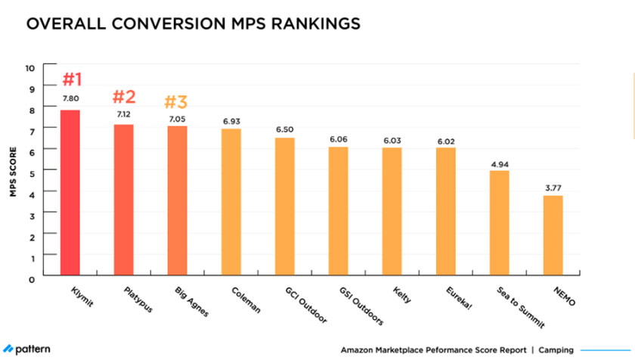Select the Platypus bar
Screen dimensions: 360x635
coord(123,200)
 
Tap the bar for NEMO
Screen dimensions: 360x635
coord(553,236)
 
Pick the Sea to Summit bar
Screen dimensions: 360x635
coord(500,224)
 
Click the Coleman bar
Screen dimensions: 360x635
coord(231,203)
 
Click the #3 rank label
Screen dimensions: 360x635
coord(177,101)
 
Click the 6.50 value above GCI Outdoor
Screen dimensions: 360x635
coord(285,129)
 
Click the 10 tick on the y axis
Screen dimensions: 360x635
coord(30,68)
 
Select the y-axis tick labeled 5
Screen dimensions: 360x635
coord(32,173)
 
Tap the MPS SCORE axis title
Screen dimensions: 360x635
coord(13,173)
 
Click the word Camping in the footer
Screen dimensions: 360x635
coord(556,350)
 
